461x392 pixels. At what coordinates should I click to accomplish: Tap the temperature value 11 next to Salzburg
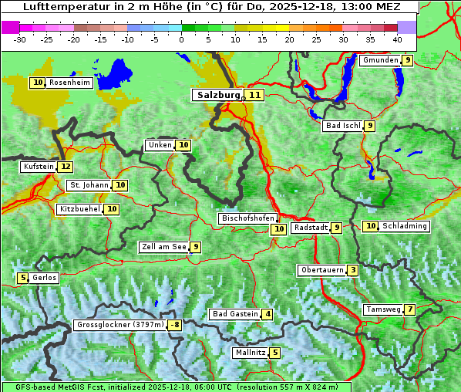coord(254,95)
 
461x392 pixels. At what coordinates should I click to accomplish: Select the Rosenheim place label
coord(69,83)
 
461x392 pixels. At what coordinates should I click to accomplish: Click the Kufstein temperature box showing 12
coord(66,167)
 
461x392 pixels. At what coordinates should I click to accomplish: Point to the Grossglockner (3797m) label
coord(120,325)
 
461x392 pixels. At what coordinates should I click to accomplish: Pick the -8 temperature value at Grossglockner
coord(175,325)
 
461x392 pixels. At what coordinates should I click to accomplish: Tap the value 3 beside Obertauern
coord(352,270)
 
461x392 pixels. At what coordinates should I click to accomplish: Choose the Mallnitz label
coord(250,353)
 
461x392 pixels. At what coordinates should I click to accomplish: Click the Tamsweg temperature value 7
coord(410,309)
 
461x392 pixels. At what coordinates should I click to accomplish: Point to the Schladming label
coord(405,226)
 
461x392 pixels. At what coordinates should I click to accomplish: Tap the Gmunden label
coord(380,60)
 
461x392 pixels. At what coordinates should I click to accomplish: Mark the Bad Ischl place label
coord(342,126)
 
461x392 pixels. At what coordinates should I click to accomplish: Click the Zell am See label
coord(164,247)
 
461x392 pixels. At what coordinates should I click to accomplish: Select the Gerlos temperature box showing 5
coord(23,278)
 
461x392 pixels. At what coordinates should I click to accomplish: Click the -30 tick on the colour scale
coord(21,39)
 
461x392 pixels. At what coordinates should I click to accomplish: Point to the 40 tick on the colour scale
coord(397,39)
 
